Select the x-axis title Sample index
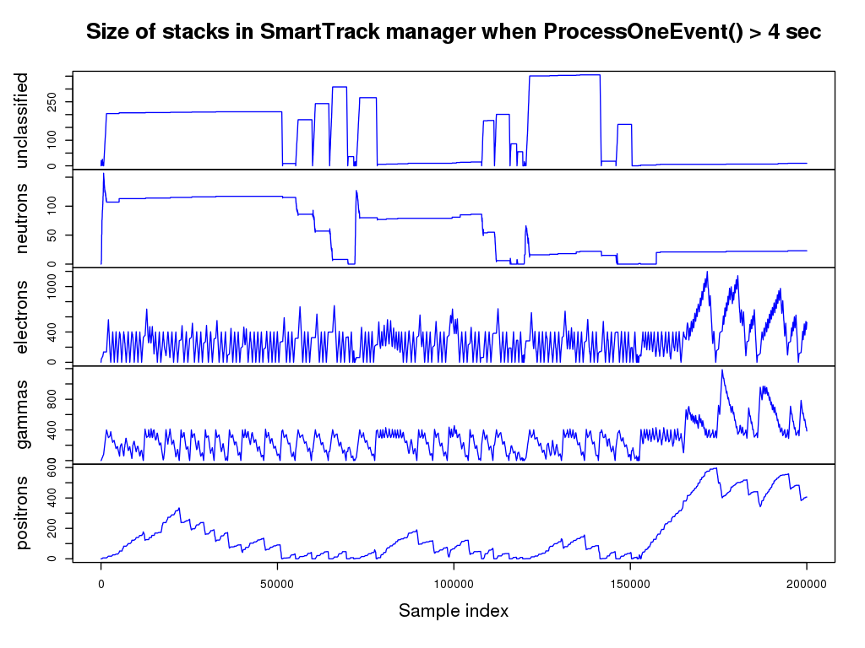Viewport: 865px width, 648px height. [x=454, y=610]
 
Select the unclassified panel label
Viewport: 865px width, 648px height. [x=22, y=120]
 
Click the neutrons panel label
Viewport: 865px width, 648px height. [x=22, y=219]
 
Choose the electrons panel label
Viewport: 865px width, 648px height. [x=22, y=316]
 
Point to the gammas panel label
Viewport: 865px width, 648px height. [x=22, y=414]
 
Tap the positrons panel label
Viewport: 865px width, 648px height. [x=22, y=513]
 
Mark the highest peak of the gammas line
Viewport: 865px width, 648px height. [x=721, y=370]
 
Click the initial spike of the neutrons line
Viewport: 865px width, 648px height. [x=103, y=174]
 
